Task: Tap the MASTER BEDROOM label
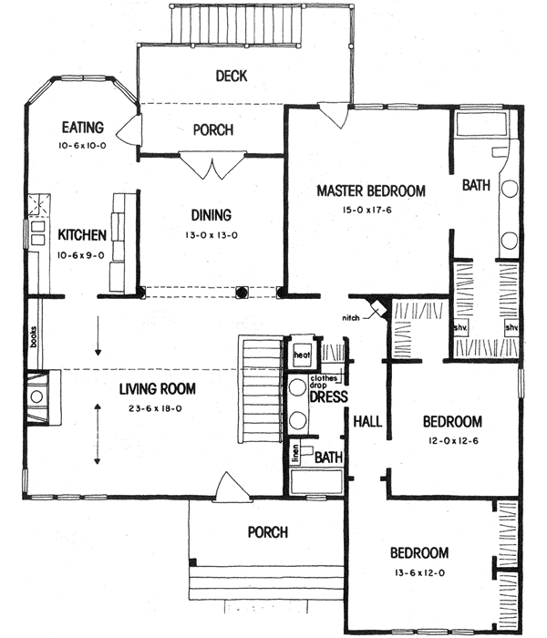point(371,190)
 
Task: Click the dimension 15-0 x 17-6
point(371,211)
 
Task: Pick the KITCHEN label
point(83,235)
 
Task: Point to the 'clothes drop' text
point(325,382)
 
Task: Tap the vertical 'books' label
point(32,338)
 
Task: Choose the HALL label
point(367,421)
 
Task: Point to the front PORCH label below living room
point(267,532)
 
